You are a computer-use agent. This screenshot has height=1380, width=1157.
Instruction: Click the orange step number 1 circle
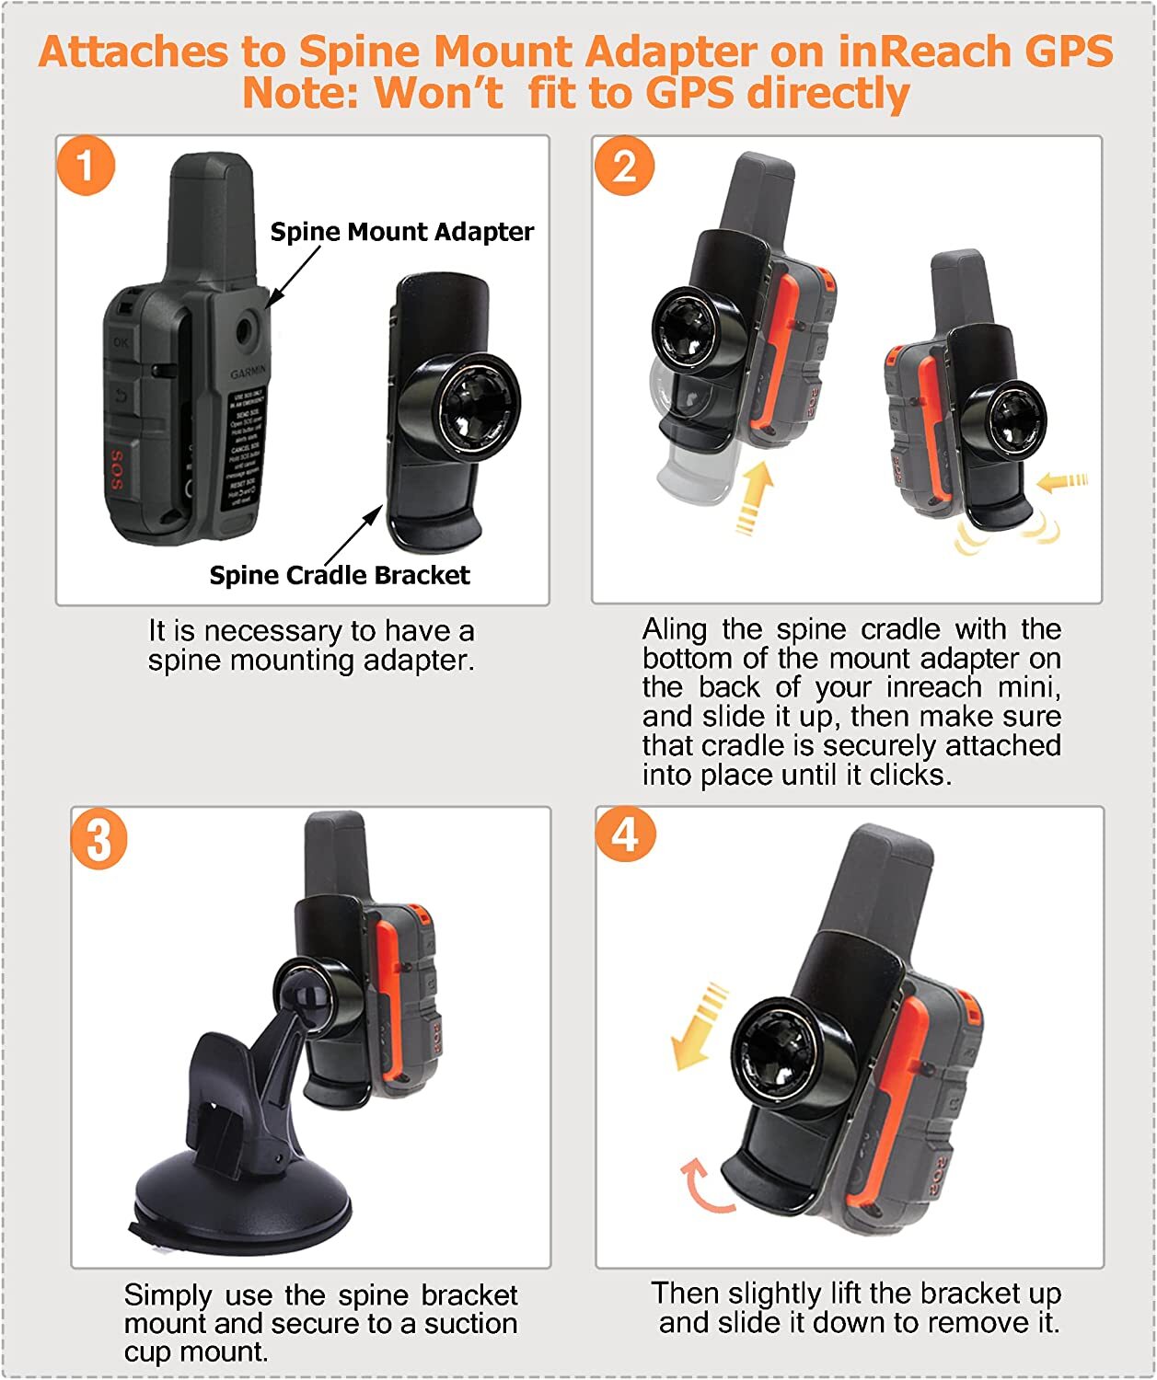tap(86, 167)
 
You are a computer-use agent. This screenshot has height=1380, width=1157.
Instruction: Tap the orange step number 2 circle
tap(623, 167)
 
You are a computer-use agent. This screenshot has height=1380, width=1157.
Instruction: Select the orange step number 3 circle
tap(98, 840)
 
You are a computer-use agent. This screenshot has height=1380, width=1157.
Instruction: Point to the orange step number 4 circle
tap(625, 834)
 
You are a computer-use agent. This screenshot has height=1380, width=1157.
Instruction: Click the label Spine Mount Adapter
tap(401, 232)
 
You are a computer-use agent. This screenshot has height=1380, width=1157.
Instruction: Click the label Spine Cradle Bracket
tap(339, 575)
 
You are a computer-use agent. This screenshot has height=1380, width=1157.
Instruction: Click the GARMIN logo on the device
tap(249, 374)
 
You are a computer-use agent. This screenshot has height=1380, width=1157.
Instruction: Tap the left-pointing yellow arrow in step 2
tap(1061, 481)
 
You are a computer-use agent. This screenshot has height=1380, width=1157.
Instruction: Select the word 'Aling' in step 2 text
tap(675, 630)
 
